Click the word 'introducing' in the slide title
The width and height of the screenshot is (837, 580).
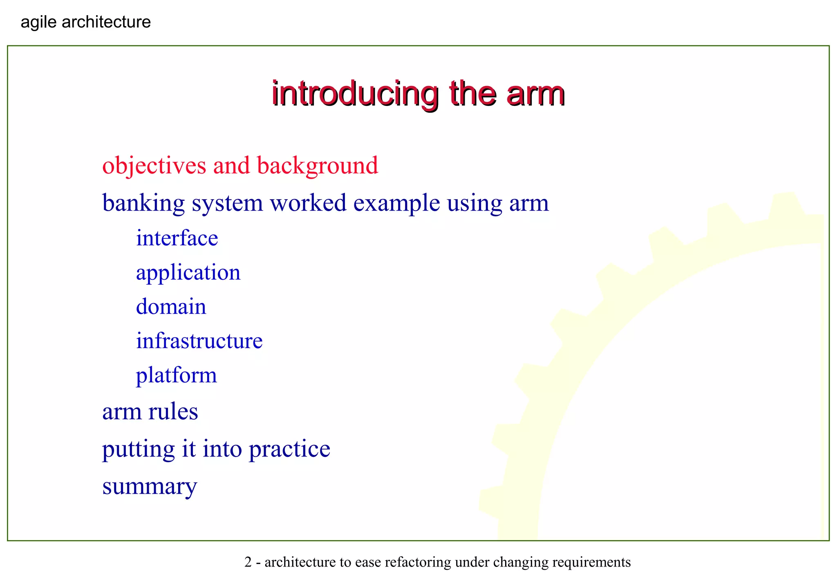tap(355, 94)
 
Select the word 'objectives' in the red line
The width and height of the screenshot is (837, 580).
tap(154, 166)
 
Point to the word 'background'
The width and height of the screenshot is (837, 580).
tap(318, 166)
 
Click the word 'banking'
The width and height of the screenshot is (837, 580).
tap(143, 203)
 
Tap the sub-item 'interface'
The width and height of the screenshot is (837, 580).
tap(177, 238)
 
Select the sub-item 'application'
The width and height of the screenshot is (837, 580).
tap(188, 273)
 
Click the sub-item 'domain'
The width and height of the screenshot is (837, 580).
tap(171, 307)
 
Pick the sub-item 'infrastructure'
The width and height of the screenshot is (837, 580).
tap(199, 341)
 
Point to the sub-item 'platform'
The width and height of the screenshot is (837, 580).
tap(177, 375)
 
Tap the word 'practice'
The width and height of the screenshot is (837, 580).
tap(289, 450)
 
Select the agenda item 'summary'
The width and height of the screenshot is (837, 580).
tap(150, 487)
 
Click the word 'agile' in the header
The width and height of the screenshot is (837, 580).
tap(39, 22)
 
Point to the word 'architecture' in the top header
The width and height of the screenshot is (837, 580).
tap(106, 22)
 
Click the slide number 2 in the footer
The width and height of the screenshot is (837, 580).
tap(248, 562)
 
